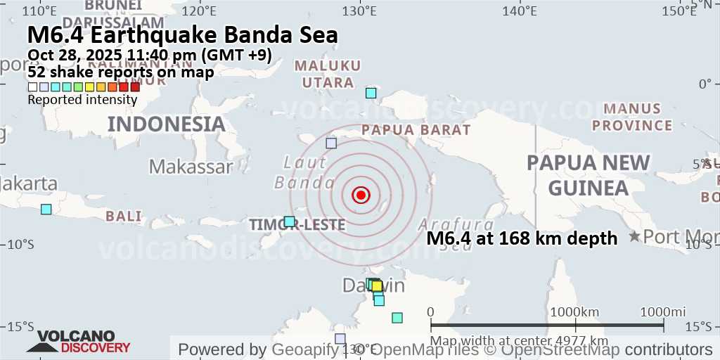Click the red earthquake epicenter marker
[x=361, y=195]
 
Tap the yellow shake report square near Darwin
[x=377, y=286]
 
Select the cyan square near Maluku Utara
[x=371, y=93]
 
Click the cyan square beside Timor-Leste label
[x=289, y=221]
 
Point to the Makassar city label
[x=191, y=167]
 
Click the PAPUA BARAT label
[x=416, y=130]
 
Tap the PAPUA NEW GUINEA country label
[x=589, y=175]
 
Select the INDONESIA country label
[x=166, y=124]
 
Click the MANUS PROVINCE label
[x=632, y=117]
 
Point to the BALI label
[x=124, y=216]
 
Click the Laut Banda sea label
[x=304, y=173]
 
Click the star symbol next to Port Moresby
[x=635, y=236]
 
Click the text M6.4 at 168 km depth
[x=522, y=238]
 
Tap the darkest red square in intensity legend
[x=135, y=87]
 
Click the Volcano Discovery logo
[x=79, y=342]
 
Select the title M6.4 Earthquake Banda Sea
[x=183, y=35]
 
